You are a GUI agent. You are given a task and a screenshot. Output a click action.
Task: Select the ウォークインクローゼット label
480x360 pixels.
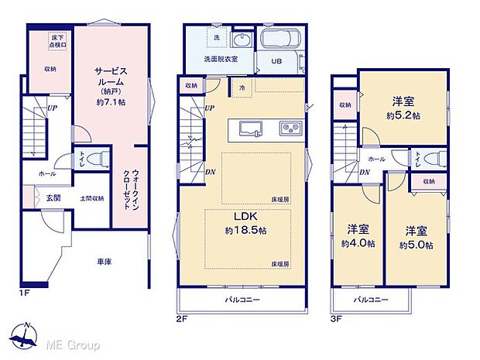click(x=129, y=190)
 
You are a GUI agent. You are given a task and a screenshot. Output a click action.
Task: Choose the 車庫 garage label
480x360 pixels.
click(x=104, y=262)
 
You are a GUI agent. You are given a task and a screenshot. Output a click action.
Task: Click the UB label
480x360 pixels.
click(x=276, y=62)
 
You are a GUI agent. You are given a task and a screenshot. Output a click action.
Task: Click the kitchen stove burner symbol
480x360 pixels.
click(x=290, y=128)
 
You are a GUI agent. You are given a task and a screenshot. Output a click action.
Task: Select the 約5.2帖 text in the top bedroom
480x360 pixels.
click(x=405, y=116)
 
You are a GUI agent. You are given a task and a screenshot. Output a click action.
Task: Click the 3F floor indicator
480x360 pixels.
click(x=338, y=316)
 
